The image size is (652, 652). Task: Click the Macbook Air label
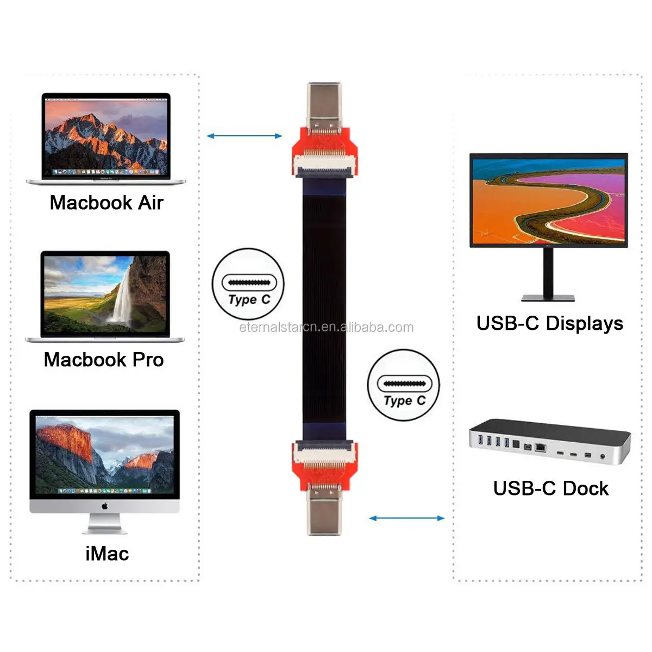point(106,203)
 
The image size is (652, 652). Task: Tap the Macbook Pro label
point(104,360)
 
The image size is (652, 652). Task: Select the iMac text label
point(107,554)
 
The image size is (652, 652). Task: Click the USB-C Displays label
point(549,323)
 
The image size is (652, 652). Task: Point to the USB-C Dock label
point(550,488)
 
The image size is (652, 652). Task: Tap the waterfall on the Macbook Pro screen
point(124,296)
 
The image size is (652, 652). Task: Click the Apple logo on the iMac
point(104,506)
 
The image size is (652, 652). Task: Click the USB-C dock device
point(549,441)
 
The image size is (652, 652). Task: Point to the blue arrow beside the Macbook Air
point(244,136)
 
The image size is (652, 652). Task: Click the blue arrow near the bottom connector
point(406,518)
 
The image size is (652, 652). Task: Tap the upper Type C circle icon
point(248,284)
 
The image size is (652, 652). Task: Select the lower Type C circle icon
point(403,385)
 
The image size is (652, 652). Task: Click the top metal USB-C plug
point(324,105)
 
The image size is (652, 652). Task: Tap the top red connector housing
point(324,146)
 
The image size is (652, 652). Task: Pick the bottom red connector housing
point(324,467)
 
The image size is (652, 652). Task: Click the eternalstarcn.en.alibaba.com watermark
point(326,327)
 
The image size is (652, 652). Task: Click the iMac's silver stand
point(104,524)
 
